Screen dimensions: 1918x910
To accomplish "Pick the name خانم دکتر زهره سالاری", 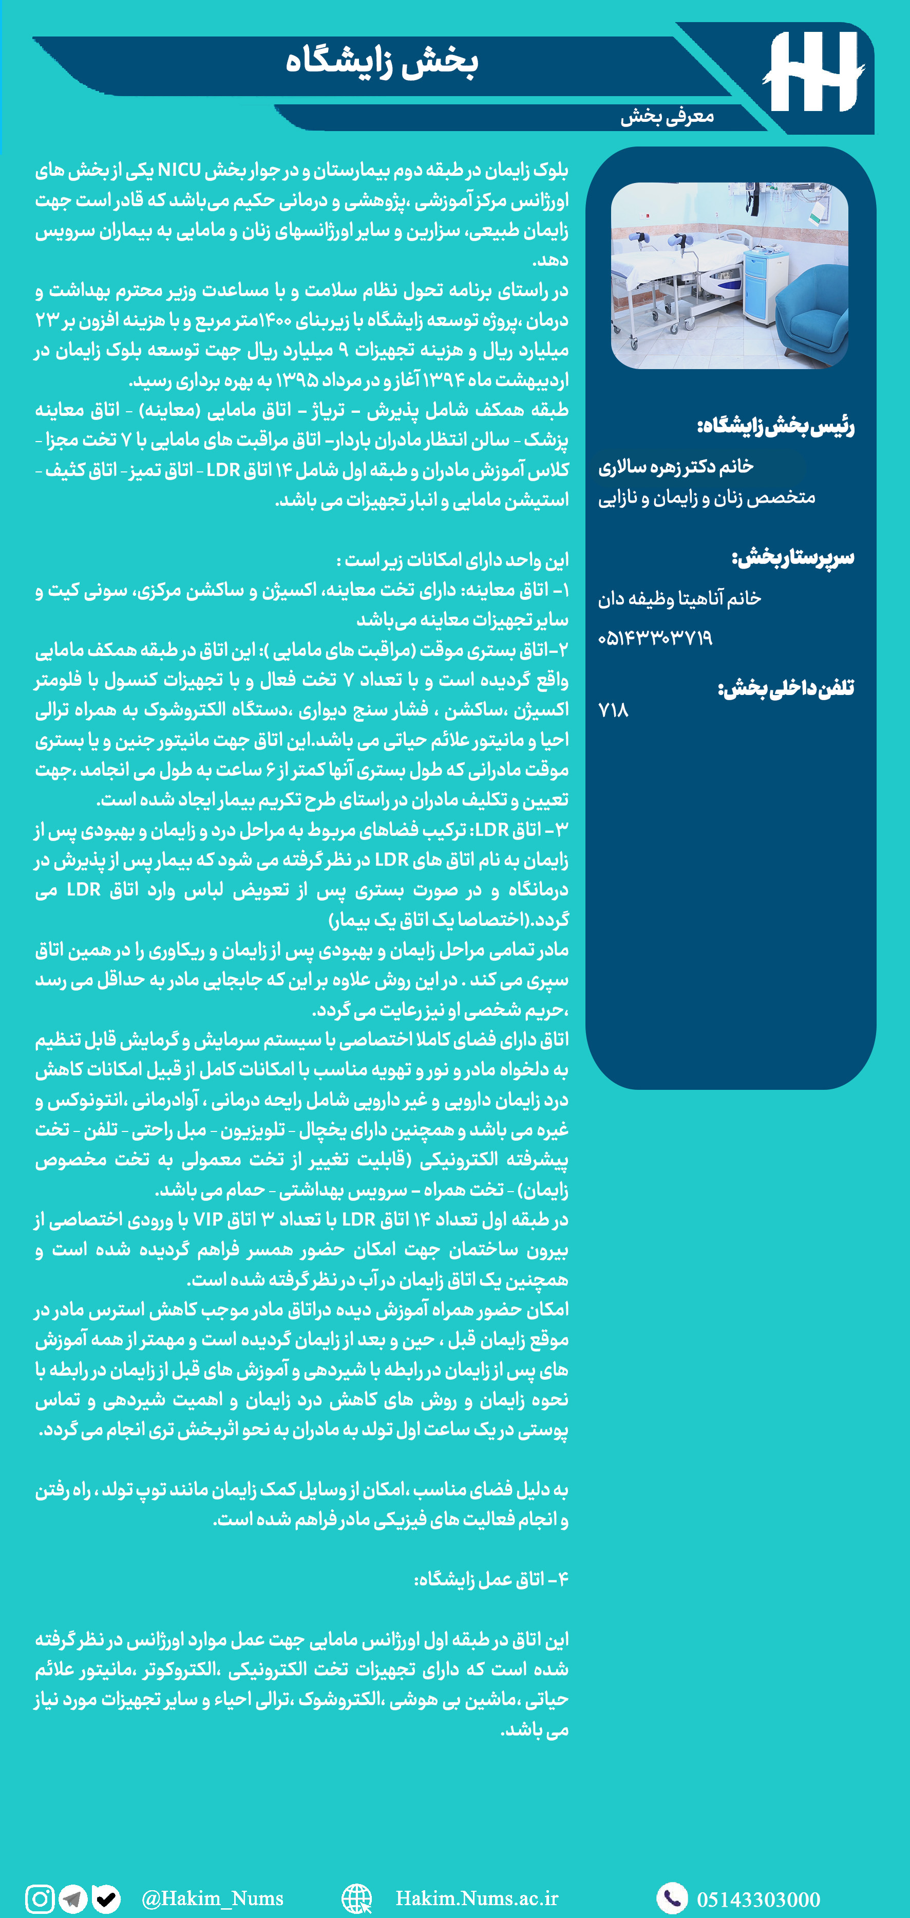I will pos(676,467).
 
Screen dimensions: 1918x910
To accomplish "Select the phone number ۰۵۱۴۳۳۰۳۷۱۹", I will pos(655,638).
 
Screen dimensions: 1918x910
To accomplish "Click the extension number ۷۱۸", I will pos(613,711).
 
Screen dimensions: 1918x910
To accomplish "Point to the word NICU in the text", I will pos(179,171).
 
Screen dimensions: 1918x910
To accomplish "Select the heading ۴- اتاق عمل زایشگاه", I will pos(490,1579).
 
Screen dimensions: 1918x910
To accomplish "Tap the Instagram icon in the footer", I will pos(40,1898).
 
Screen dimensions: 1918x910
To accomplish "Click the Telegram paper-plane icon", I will pos(73,1898).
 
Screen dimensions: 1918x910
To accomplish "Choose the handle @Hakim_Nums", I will pos(212,1898).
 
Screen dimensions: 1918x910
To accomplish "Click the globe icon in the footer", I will pos(356,1898).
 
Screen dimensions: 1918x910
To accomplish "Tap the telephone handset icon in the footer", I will pos(672,1898).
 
